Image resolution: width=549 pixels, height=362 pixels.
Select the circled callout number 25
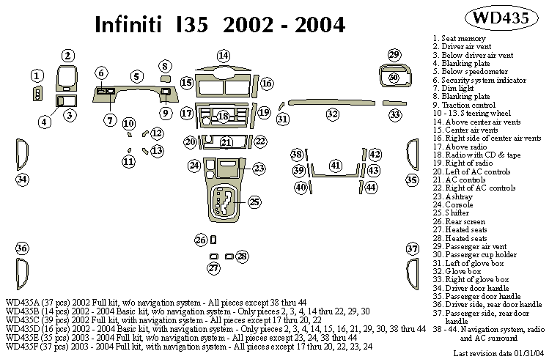coord(254,202)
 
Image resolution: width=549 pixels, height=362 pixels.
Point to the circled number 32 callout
coord(333,114)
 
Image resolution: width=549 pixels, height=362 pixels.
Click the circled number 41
coord(336,166)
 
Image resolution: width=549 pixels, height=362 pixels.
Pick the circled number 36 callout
coord(22,248)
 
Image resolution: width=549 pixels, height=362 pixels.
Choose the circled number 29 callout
coord(394,56)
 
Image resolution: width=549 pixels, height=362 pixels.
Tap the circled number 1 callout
coord(37,75)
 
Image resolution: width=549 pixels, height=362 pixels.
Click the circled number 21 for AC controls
coord(226,142)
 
